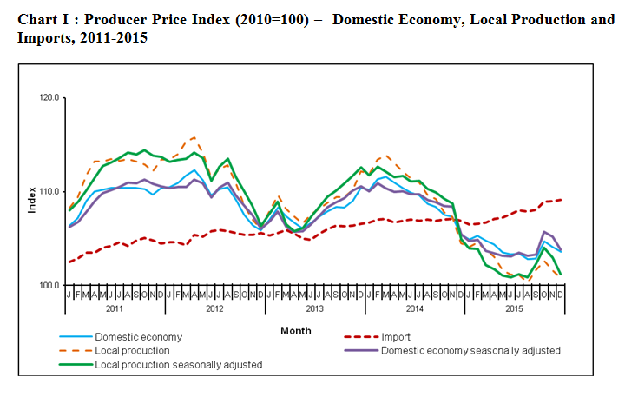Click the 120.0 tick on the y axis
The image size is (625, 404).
click(x=48, y=98)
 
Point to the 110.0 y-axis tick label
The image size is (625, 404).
click(x=48, y=191)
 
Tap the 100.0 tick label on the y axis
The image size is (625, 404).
click(x=48, y=285)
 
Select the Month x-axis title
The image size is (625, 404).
click(x=295, y=331)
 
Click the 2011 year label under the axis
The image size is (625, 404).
click(x=115, y=309)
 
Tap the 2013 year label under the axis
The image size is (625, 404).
click(x=314, y=309)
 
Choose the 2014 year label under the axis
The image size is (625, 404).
click(x=414, y=309)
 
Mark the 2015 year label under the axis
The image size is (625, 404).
click(x=514, y=309)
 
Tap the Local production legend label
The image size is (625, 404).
click(x=132, y=350)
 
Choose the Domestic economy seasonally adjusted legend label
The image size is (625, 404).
click(x=470, y=350)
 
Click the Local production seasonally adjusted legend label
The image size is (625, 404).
click(x=178, y=365)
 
